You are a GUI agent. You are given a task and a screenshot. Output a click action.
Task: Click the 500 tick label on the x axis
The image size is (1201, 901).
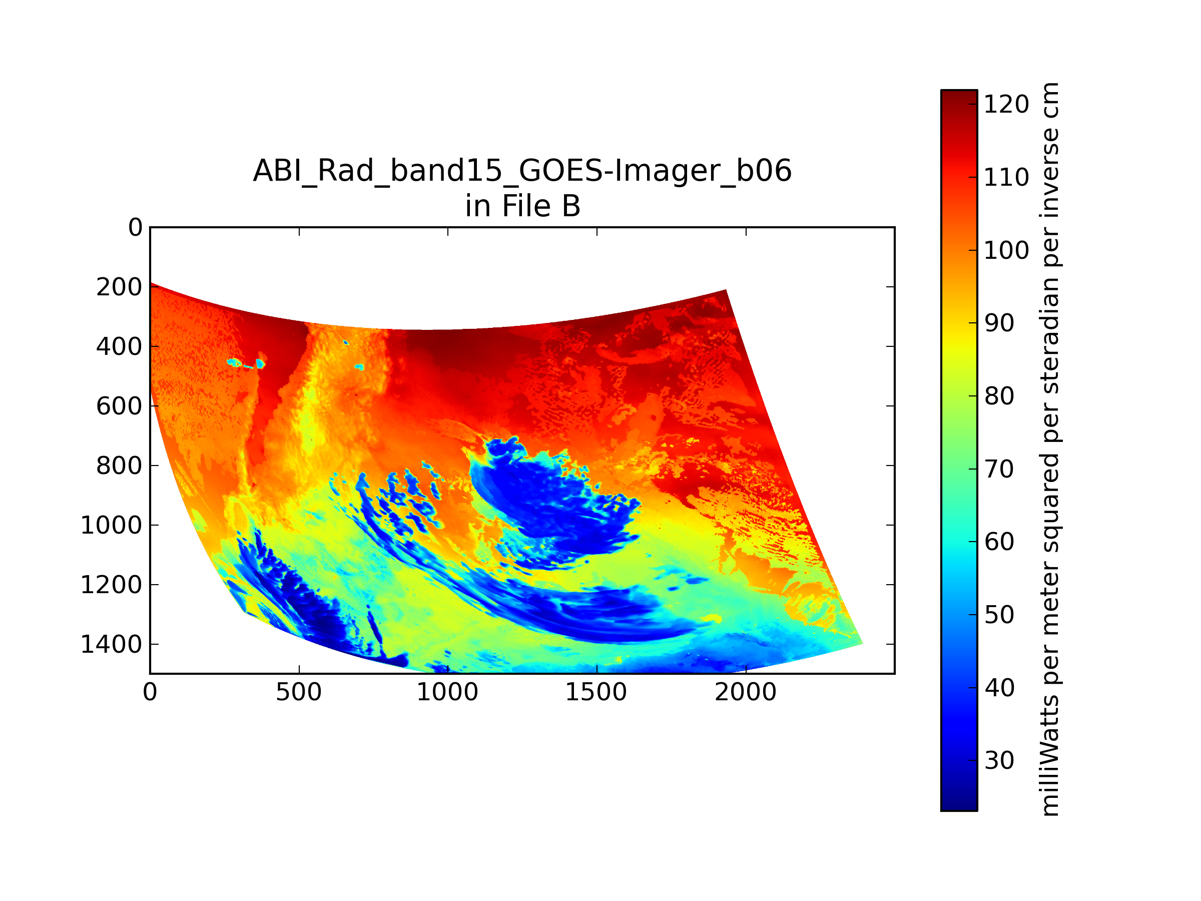point(299,692)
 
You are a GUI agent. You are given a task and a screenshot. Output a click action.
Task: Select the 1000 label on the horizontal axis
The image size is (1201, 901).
point(447,692)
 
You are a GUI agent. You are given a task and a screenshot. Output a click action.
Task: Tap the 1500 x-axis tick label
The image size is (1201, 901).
point(596,692)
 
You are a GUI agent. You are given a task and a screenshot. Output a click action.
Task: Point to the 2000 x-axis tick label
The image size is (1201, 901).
point(746,692)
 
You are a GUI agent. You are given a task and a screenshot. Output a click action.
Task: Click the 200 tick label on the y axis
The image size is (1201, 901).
point(120,287)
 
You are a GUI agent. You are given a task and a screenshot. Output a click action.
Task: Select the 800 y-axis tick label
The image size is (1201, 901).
point(120,466)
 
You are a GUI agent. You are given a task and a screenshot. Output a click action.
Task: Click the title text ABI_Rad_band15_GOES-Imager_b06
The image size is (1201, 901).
point(522,171)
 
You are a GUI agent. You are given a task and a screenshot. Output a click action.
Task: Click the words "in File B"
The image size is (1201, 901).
point(523,206)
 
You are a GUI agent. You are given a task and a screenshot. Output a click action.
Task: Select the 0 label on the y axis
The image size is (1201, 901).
point(135,228)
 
